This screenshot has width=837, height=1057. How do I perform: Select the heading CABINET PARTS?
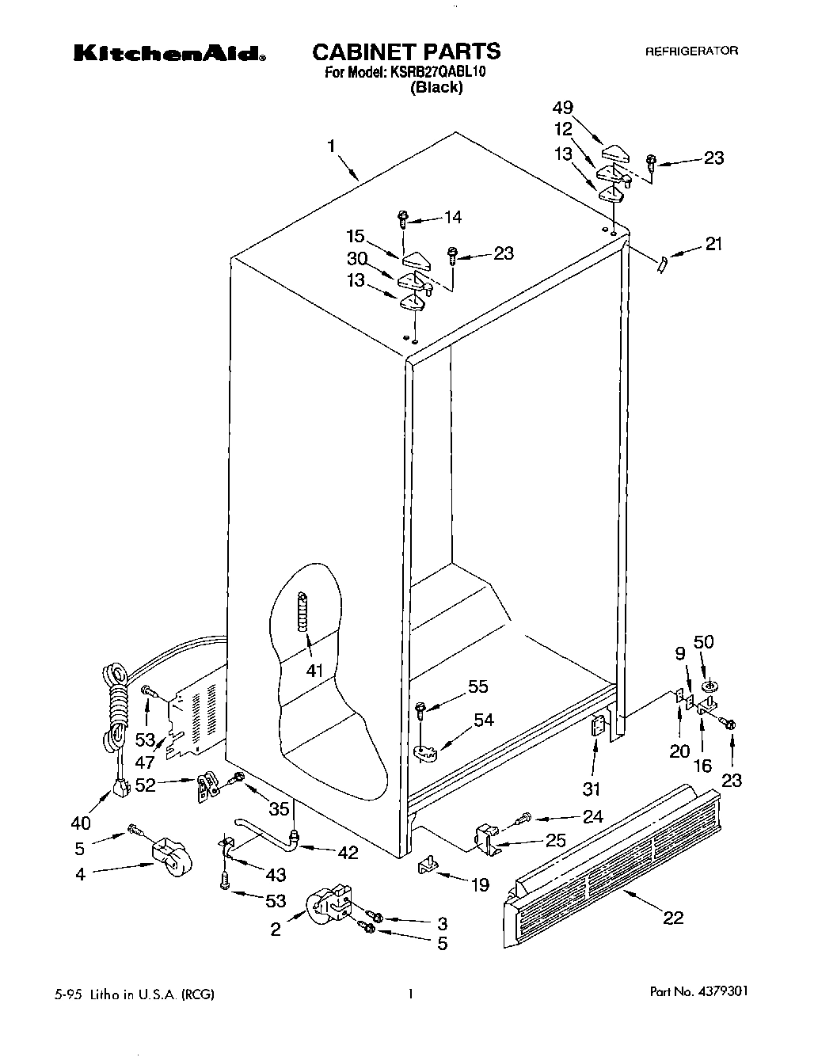click(406, 52)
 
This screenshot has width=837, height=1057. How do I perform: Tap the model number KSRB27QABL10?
click(436, 72)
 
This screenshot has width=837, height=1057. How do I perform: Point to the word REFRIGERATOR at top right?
click(691, 51)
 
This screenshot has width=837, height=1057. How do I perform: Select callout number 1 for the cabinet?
click(331, 146)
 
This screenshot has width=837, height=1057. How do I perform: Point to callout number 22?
click(673, 918)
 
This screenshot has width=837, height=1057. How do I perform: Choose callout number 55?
click(477, 686)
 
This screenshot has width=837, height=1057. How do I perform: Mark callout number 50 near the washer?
click(703, 641)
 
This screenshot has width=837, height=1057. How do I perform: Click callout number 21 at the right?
click(713, 245)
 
